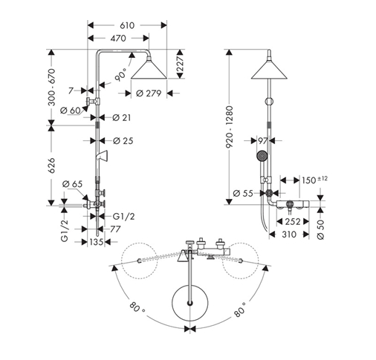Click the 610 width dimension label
coord(127,25)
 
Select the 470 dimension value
coord(119,39)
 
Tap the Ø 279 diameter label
coord(149,94)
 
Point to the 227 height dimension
coord(181,64)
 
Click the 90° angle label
coord(120,74)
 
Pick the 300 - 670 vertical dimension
coord(52,88)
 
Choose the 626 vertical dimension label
coord(51,165)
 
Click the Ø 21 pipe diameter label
coord(121,117)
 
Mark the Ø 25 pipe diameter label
coord(123,141)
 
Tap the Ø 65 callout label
coord(72,184)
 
